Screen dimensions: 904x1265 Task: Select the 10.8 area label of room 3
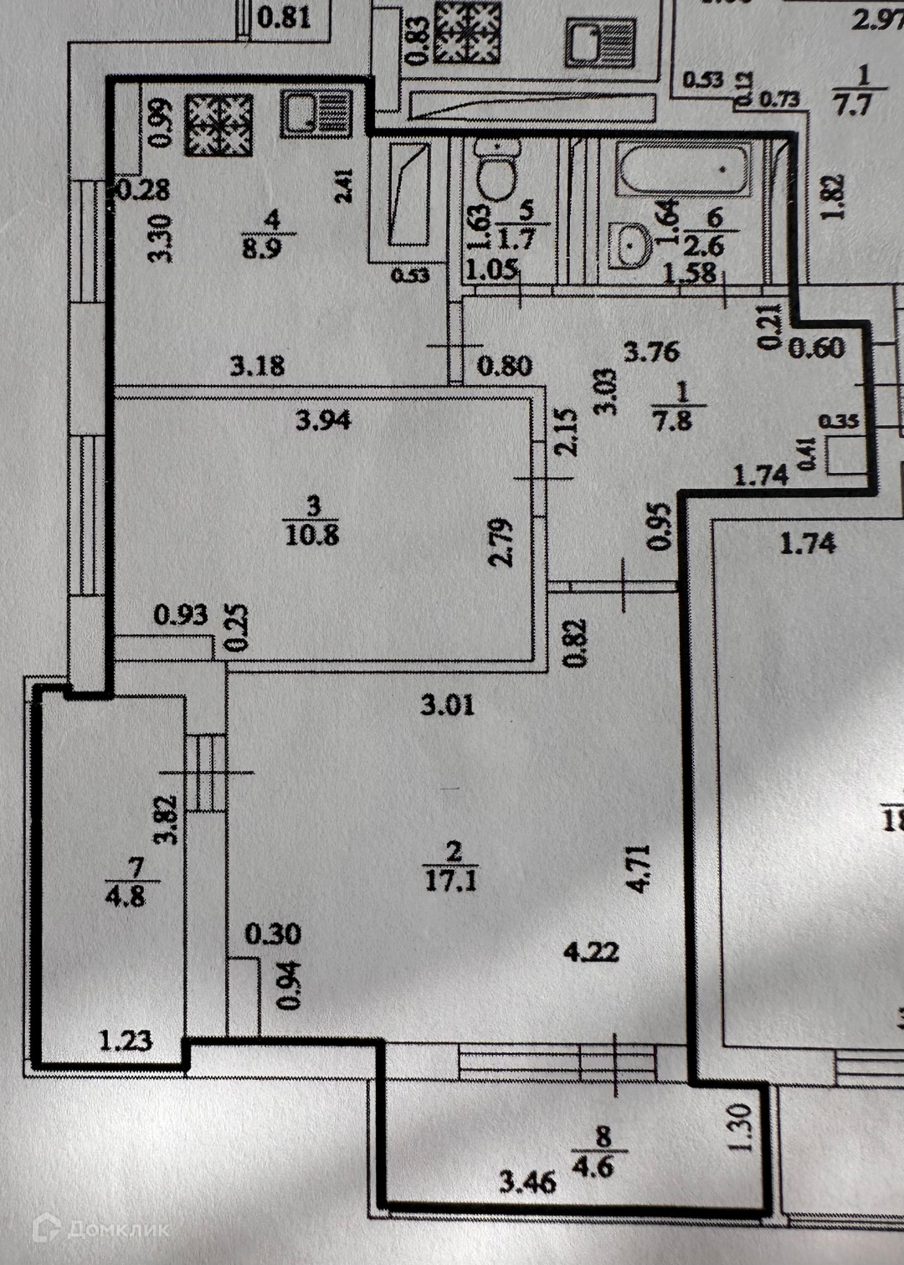(x=312, y=533)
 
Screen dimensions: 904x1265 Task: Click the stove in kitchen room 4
(x=218, y=125)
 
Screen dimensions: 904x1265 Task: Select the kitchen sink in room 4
(x=316, y=113)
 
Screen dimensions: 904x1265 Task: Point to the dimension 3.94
(x=323, y=419)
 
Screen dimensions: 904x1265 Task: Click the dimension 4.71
(x=638, y=868)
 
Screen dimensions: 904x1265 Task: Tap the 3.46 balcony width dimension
(x=527, y=1182)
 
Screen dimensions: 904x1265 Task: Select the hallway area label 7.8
(x=674, y=419)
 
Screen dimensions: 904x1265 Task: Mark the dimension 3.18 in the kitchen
(x=258, y=366)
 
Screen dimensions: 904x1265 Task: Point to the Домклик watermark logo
(x=100, y=1228)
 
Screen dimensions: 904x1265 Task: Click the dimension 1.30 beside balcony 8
(x=744, y=1128)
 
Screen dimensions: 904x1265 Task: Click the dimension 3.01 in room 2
(x=447, y=704)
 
